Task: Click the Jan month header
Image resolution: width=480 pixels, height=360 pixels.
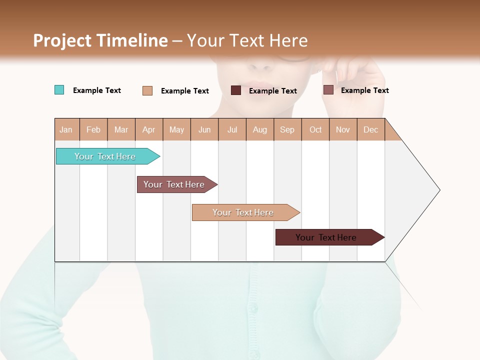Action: pyautogui.click(x=66, y=129)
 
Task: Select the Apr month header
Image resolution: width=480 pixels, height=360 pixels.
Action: pyautogui.click(x=148, y=129)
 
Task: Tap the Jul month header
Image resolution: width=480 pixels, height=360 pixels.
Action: pyautogui.click(x=232, y=129)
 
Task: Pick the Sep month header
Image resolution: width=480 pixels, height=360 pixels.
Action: pyautogui.click(x=287, y=129)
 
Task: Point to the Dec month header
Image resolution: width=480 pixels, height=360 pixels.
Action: pyautogui.click(x=370, y=129)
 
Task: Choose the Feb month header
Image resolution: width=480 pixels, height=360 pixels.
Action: pyautogui.click(x=93, y=129)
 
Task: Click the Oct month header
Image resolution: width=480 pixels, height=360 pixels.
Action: pyautogui.click(x=315, y=129)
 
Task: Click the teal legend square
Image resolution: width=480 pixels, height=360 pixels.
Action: pyautogui.click(x=59, y=90)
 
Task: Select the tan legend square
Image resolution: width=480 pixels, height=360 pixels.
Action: pyautogui.click(x=147, y=90)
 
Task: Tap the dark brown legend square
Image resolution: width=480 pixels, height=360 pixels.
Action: pyautogui.click(x=236, y=90)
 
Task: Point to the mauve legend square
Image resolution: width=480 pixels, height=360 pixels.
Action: pyautogui.click(x=328, y=90)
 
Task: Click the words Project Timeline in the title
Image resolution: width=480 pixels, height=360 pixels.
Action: pyautogui.click(x=100, y=40)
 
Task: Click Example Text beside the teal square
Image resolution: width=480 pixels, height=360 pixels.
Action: pyautogui.click(x=97, y=90)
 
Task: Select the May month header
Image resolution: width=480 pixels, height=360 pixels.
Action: pyautogui.click(x=176, y=129)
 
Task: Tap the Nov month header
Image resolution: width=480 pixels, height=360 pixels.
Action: pyautogui.click(x=343, y=129)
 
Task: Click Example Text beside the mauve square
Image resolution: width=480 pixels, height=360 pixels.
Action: pyautogui.click(x=365, y=90)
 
